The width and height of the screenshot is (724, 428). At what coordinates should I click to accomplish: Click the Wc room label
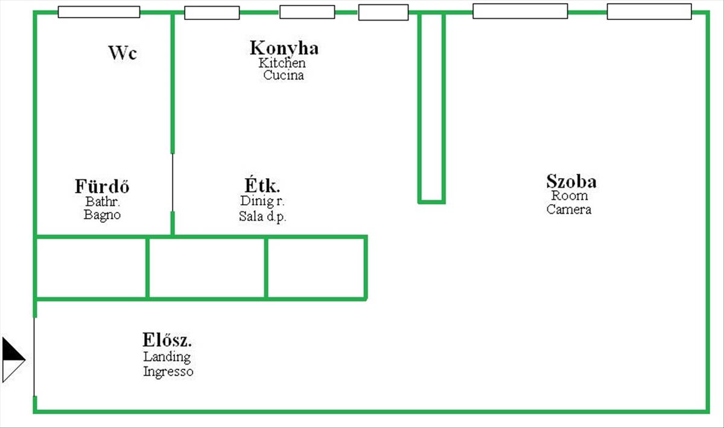[123, 53]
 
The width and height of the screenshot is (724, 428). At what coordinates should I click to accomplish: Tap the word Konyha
[284, 48]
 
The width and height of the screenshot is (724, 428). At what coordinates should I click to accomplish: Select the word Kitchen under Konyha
[282, 63]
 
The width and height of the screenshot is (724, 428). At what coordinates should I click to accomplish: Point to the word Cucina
[284, 75]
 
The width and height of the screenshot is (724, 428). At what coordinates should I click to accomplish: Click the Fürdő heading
[102, 187]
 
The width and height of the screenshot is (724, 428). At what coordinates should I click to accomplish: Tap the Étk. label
[262, 186]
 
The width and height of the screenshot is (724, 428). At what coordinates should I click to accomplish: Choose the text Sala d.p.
[262, 217]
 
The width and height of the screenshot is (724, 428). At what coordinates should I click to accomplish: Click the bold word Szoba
[571, 182]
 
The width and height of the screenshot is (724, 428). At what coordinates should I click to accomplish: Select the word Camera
[569, 209]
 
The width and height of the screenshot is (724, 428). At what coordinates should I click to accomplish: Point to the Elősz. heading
[167, 340]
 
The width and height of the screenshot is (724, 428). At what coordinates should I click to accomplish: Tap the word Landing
[167, 357]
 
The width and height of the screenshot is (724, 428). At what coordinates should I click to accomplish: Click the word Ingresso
[168, 371]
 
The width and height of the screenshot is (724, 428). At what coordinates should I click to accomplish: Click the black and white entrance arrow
[13, 360]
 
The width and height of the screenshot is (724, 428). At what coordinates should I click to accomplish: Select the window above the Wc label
[99, 12]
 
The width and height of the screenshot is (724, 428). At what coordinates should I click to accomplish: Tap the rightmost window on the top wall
[649, 11]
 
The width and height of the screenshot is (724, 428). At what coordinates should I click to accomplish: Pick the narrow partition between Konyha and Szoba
[431, 107]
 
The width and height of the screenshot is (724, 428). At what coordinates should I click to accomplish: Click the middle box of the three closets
[207, 267]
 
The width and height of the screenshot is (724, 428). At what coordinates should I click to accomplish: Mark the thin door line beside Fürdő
[173, 182]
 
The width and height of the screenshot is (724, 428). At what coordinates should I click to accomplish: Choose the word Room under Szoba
[569, 196]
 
